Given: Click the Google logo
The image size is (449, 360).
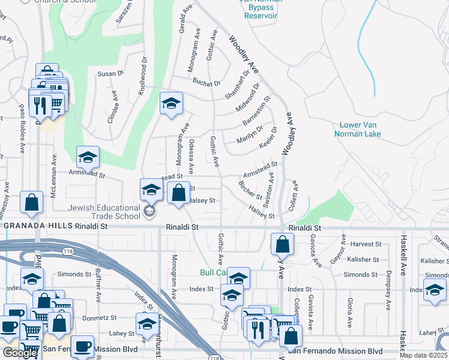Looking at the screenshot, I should pyautogui.click(x=20, y=353).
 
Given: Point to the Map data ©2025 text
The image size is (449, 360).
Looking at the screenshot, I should pyautogui.click(x=424, y=355).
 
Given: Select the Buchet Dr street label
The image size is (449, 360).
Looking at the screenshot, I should pyautogui.click(x=208, y=83).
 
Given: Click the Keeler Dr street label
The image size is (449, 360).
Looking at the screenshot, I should pyautogui.click(x=268, y=139).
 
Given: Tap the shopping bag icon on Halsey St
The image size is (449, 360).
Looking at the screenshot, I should pyautogui.click(x=179, y=193).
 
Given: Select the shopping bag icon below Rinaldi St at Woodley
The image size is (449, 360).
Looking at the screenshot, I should pyautogui.click(x=282, y=244).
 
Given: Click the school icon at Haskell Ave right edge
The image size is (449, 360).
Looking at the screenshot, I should pyautogui.click(x=435, y=290).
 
